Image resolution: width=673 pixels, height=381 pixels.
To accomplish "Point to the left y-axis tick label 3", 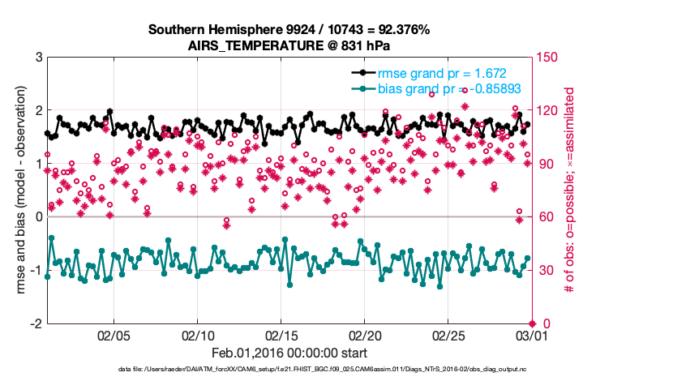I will coord(38,58).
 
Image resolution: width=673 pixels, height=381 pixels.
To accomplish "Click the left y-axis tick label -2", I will coord(36,323).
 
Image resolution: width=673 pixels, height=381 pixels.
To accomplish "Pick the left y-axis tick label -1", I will coord(36,270).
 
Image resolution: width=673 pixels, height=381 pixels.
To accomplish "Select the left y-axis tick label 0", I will coord(38,217).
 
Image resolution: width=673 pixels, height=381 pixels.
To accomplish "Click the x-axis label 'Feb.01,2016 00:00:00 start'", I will coord(289,353).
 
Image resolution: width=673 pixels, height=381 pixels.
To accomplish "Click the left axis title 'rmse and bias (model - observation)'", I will coord(19,190).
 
